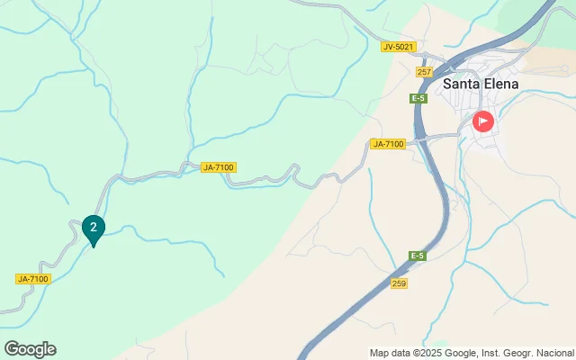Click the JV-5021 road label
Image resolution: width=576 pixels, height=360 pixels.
pyautogui.click(x=396, y=47)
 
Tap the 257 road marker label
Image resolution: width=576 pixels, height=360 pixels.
pyautogui.click(x=425, y=72)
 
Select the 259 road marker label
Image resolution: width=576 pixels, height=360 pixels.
pyautogui.click(x=399, y=283)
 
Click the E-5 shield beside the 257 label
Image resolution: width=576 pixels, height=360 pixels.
pyautogui.click(x=418, y=98)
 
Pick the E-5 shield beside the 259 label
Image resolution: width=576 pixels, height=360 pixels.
pyautogui.click(x=416, y=256)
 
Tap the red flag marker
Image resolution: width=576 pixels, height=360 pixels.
pyautogui.click(x=483, y=121)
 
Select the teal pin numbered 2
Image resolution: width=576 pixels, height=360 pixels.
pyautogui.click(x=93, y=229)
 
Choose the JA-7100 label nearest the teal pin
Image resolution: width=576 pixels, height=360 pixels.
pyautogui.click(x=33, y=279)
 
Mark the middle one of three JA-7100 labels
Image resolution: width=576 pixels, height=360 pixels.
pyautogui.click(x=219, y=167)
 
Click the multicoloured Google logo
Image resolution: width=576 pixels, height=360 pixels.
pyautogui.click(x=30, y=349)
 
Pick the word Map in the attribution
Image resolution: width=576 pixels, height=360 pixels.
pyautogui.click(x=379, y=353)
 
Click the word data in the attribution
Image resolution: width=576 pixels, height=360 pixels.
pyautogui.click(x=402, y=353)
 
